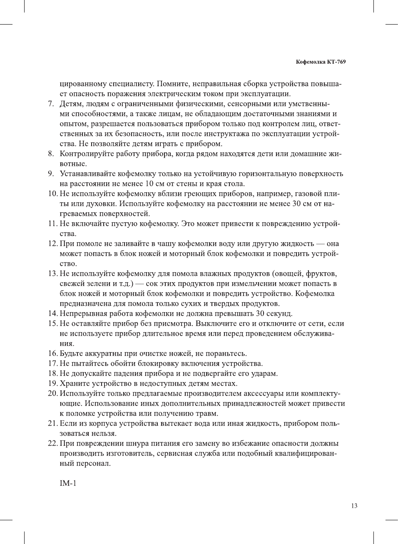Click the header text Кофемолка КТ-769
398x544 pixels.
pyautogui.click(x=321, y=62)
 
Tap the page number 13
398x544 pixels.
pyautogui.click(x=354, y=506)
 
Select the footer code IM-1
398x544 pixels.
pyautogui.click(x=68, y=483)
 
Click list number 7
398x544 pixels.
pyautogui.click(x=51, y=104)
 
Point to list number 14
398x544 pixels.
pyautogui.click(x=52, y=313)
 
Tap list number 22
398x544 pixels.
pyautogui.click(x=52, y=443)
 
